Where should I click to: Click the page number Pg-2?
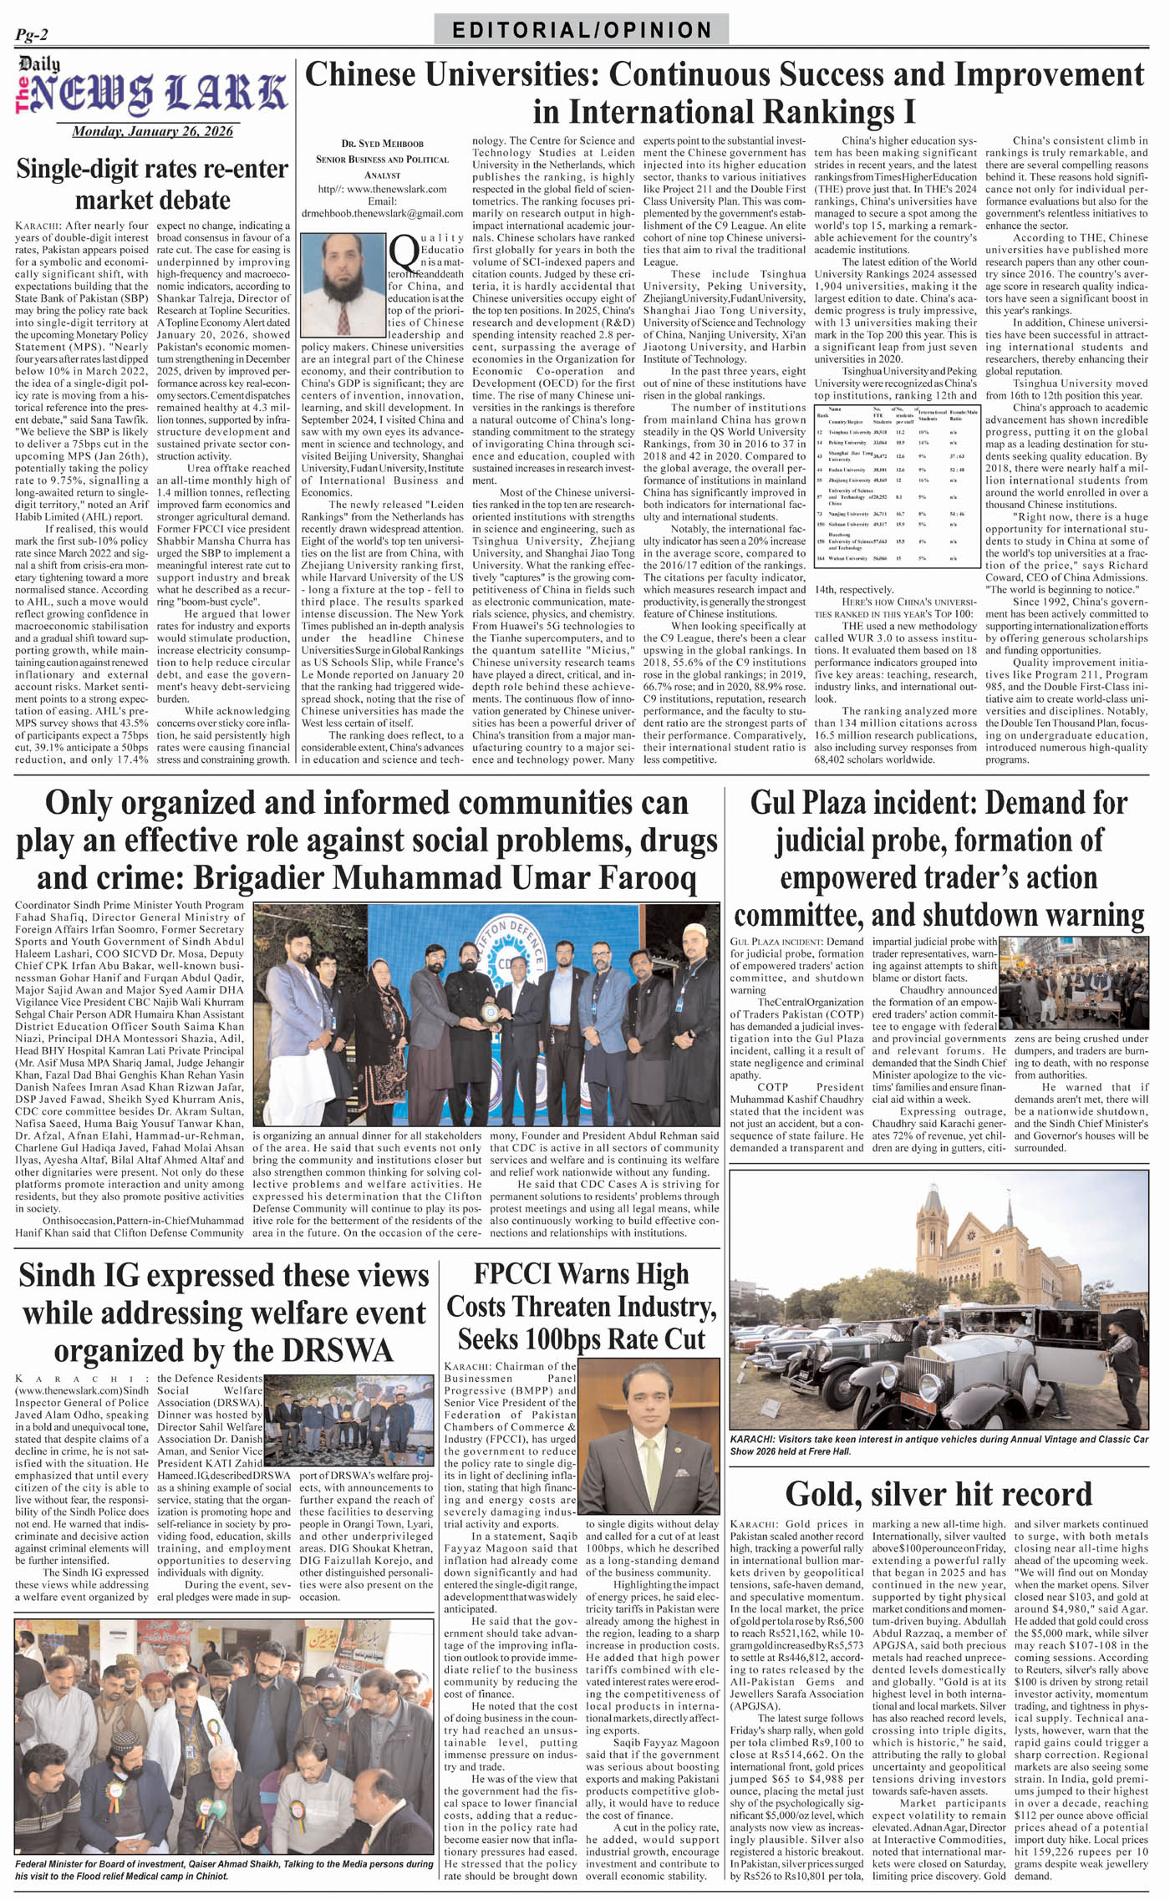pyautogui.click(x=32, y=34)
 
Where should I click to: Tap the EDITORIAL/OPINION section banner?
pyautogui.click(x=582, y=30)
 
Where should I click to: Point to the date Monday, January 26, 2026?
pyautogui.click(x=152, y=131)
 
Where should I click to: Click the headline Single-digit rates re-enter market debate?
pyautogui.click(x=152, y=184)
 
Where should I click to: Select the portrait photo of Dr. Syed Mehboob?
pyautogui.click(x=343, y=284)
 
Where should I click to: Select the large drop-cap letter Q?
pyautogui.click(x=404, y=249)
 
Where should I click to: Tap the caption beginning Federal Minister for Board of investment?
pyautogui.click(x=224, y=1869)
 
